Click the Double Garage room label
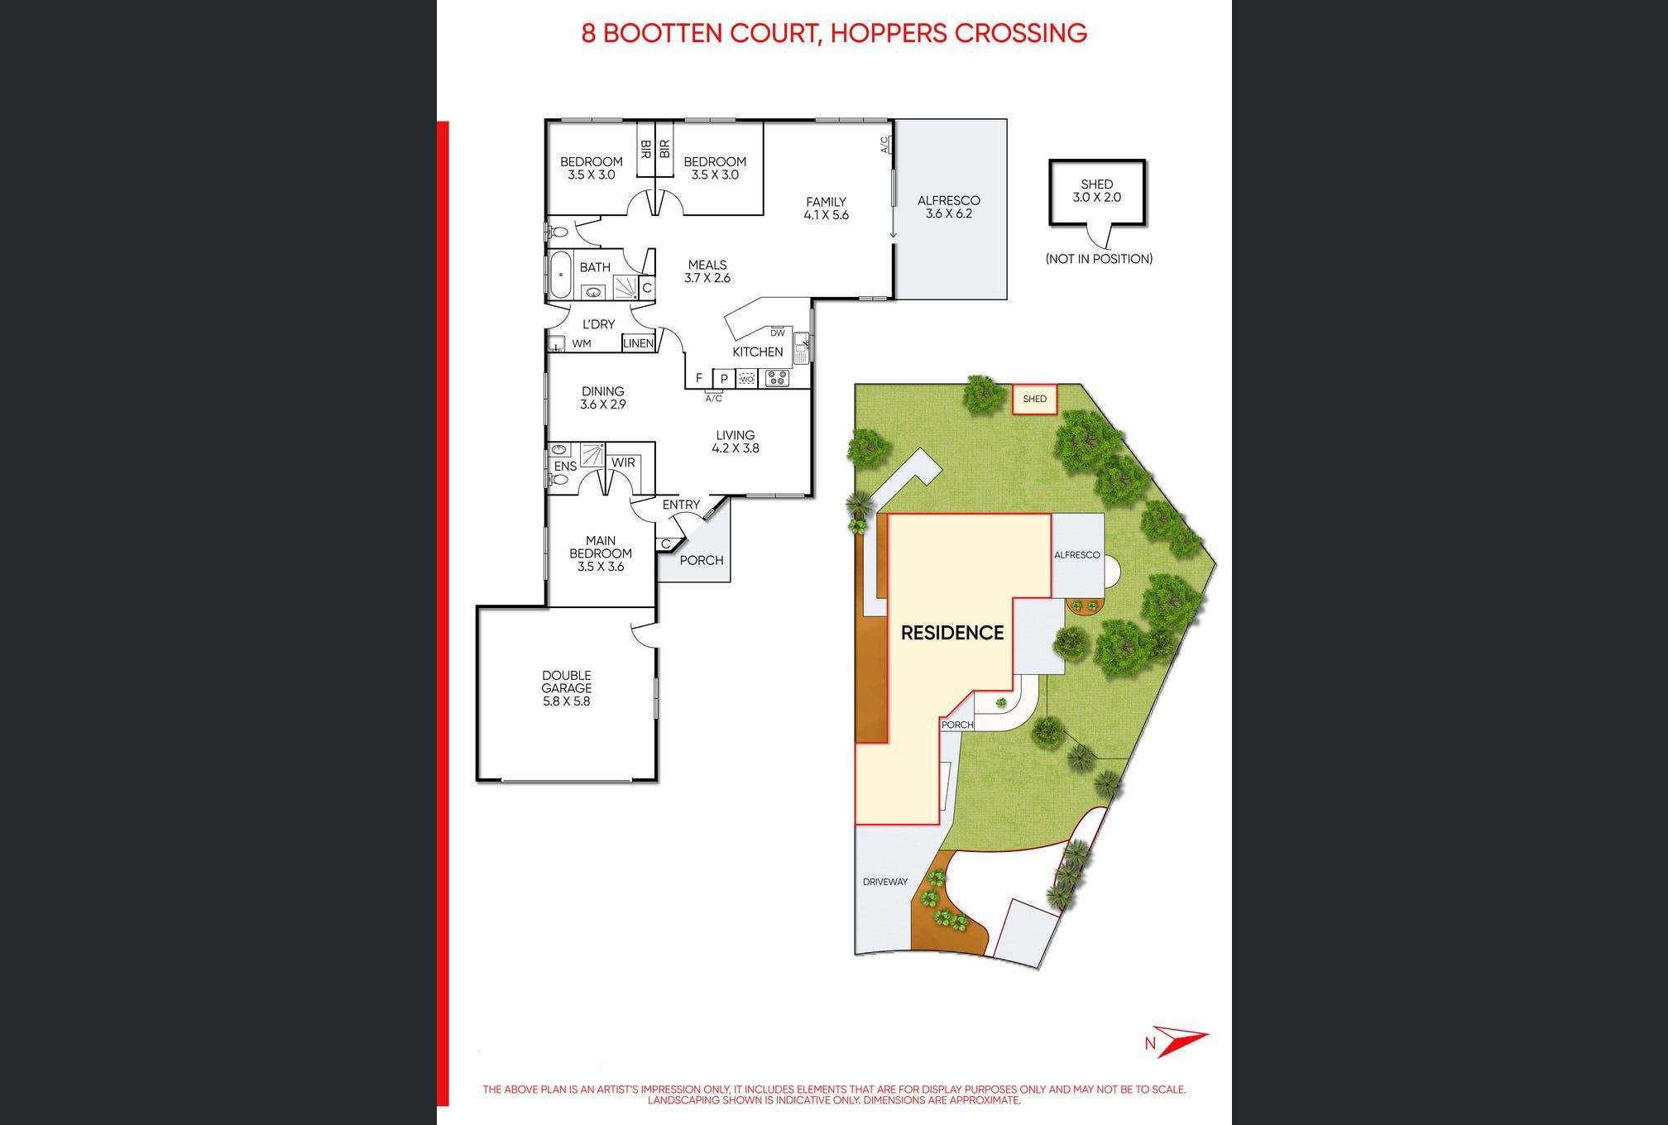click(566, 688)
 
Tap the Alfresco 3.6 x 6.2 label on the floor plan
click(948, 207)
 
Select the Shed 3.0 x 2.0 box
click(1097, 192)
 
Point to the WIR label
click(623, 462)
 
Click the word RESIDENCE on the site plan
click(951, 633)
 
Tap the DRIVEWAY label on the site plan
click(885, 882)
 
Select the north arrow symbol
click(1178, 1041)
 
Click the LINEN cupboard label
click(638, 343)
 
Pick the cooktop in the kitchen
click(777, 379)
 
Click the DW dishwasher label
click(777, 333)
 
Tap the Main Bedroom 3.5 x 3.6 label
click(601, 553)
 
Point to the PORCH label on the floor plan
click(702, 560)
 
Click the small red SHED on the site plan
click(1034, 399)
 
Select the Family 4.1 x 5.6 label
click(826, 208)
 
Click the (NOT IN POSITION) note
click(1099, 259)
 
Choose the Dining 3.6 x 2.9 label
click(602, 398)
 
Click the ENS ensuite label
click(565, 467)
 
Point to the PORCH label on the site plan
click(957, 725)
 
